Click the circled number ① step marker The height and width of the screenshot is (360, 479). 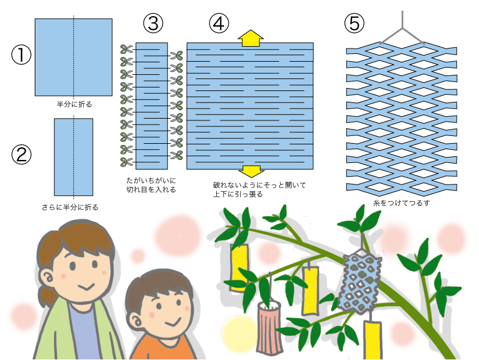[21, 55]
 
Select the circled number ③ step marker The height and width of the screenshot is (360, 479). [153, 23]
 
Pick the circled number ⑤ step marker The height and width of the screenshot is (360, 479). [354, 23]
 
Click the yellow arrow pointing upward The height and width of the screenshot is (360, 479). [250, 37]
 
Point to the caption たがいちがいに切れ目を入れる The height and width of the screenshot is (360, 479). [151, 184]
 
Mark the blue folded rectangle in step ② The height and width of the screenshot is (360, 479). [74, 157]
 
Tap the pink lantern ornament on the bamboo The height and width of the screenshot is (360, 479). [270, 326]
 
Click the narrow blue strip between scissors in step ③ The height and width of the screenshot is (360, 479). [151, 105]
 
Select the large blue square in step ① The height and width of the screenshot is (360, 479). [74, 58]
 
